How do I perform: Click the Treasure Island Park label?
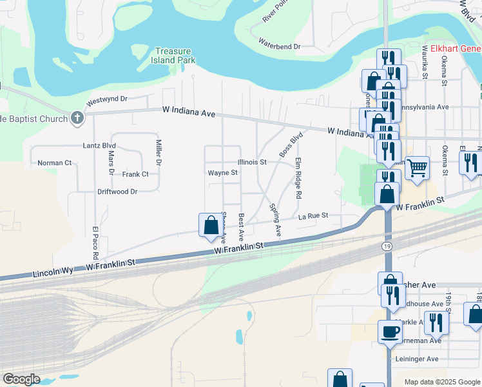(x=175, y=55)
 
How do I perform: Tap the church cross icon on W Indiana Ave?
(x=77, y=117)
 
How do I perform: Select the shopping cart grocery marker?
(x=418, y=168)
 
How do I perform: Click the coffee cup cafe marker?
(x=389, y=332)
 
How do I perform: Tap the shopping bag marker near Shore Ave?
(x=211, y=225)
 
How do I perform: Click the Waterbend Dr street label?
(x=280, y=46)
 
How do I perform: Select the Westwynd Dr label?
(x=108, y=100)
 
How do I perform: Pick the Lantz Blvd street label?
(x=81, y=146)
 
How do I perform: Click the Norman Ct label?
(x=54, y=163)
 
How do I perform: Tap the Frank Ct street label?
(x=135, y=174)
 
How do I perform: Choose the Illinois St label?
(x=252, y=162)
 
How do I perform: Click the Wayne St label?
(x=222, y=173)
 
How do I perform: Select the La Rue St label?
(x=313, y=215)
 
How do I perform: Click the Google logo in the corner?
(x=21, y=379)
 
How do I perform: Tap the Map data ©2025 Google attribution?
(x=441, y=382)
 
